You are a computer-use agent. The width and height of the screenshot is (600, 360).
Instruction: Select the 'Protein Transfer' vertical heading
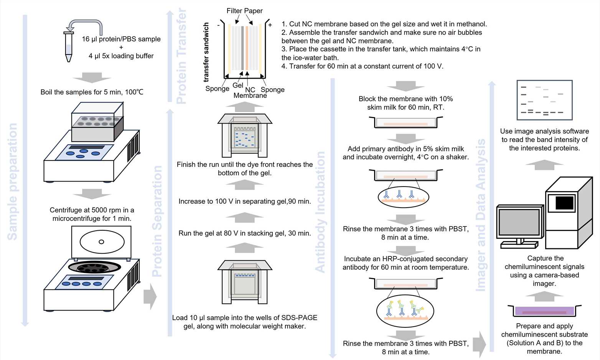tap(181, 56)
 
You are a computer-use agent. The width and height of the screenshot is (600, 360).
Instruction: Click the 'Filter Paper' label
tap(244, 11)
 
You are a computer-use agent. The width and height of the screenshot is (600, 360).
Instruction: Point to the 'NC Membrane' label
tap(250, 92)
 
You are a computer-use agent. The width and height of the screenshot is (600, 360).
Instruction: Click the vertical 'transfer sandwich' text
tap(206, 52)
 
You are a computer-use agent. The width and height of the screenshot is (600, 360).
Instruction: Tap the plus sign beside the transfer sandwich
tap(270, 25)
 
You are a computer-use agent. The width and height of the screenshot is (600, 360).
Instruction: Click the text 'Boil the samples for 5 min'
tap(92, 92)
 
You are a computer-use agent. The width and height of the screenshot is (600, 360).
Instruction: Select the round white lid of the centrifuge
tap(102, 242)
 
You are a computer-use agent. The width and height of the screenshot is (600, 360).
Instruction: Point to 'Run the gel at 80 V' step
tap(244, 233)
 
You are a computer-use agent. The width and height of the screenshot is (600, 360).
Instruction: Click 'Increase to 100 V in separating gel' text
tap(244, 201)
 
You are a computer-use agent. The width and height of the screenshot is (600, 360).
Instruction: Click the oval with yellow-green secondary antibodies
tap(405, 311)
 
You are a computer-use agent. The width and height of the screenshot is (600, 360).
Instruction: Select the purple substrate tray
tap(544, 311)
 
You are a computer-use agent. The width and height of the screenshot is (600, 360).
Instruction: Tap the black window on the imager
tap(564, 203)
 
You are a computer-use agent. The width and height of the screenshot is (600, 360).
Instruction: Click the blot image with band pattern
tap(544, 100)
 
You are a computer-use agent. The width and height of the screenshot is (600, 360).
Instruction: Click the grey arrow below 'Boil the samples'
tap(92, 78)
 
